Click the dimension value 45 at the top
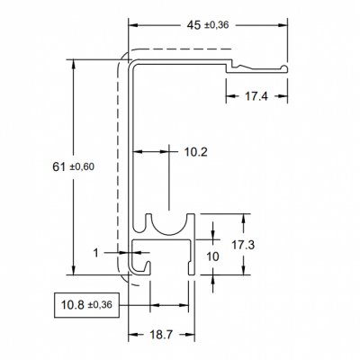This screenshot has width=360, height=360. pos(193,25)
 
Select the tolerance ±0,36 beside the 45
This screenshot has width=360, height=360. pos(216,26)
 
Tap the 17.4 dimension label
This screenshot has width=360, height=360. pos(256,96)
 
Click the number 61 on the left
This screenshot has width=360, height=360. pos(58,166)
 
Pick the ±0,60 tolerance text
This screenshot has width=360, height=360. pos(82,166)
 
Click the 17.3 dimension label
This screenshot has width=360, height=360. pos(243,245)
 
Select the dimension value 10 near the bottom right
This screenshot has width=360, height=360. pos(212,256)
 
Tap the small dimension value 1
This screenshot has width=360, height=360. pos(95,253)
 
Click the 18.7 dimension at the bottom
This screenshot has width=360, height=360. pos(162,335)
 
